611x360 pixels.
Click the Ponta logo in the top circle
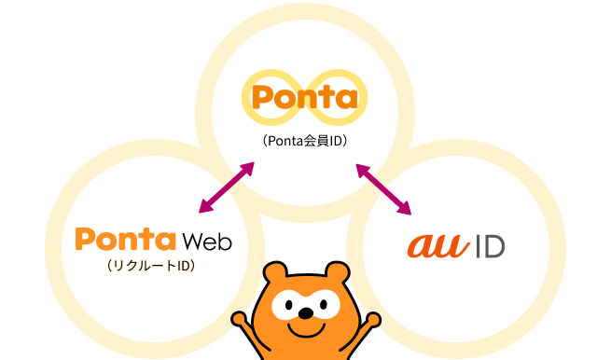(x=306, y=97)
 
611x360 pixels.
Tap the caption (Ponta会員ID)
(x=305, y=143)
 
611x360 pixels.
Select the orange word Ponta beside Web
(x=125, y=240)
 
